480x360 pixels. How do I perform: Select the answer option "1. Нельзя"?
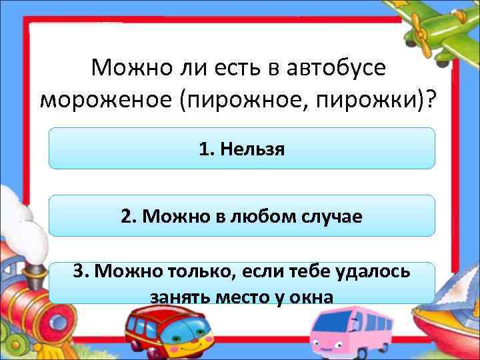241,148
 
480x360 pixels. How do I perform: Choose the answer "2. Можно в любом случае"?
241,215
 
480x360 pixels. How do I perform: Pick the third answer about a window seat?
241,283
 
